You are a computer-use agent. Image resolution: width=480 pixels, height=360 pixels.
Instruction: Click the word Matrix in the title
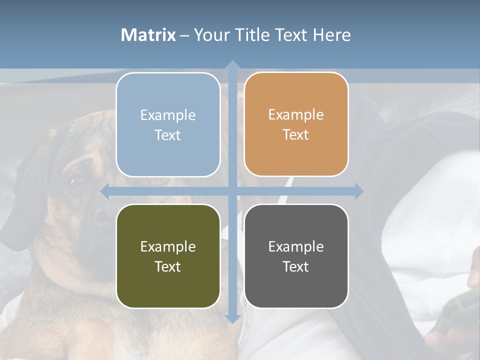pos(148,35)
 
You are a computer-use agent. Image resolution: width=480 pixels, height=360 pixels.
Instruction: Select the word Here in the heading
pos(331,35)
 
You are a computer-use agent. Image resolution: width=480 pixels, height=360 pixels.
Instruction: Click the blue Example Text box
pos(168,124)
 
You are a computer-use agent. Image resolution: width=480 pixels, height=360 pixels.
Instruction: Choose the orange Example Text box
pos(296,124)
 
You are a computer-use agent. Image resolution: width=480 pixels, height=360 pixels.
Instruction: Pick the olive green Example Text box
pos(168,256)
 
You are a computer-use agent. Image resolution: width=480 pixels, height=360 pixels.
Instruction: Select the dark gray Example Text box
pos(296,256)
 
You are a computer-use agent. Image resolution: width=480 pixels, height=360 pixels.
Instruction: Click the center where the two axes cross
pos(232,191)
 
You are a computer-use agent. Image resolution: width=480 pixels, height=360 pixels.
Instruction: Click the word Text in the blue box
pos(168,135)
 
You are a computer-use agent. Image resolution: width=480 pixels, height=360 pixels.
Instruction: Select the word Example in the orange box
pos(296,114)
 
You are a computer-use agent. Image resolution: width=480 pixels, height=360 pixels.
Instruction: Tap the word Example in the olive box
pos(168,246)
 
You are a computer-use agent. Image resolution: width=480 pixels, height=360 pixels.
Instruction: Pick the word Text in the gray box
pos(296,266)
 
